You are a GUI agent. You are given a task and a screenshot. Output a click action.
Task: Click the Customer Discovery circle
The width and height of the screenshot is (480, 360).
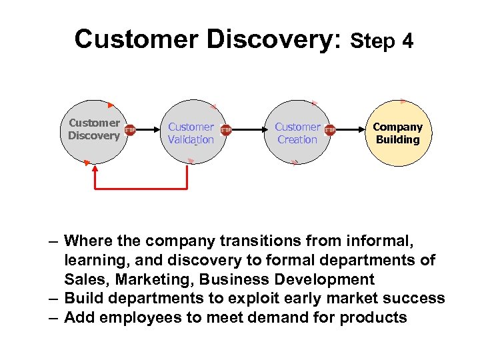click(x=93, y=130)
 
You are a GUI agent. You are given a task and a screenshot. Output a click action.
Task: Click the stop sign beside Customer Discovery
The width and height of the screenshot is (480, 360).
click(x=130, y=130)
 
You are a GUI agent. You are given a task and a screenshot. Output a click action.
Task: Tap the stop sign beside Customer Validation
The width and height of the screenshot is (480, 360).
click(x=226, y=131)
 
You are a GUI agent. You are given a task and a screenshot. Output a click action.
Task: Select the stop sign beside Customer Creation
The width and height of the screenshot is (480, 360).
click(x=329, y=130)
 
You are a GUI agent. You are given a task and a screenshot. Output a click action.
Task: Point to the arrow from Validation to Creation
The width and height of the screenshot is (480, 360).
click(x=247, y=131)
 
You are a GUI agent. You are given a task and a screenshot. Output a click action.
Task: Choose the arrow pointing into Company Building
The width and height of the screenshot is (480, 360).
click(x=350, y=131)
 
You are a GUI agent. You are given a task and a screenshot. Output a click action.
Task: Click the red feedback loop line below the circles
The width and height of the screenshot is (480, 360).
click(x=140, y=189)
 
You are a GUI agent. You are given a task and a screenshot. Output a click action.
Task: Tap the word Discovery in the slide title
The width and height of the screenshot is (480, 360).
click(x=274, y=39)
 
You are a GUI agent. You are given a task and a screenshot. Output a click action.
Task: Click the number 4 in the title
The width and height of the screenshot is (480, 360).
click(x=407, y=42)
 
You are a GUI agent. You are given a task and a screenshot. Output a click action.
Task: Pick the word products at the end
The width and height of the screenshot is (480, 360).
click(x=373, y=317)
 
